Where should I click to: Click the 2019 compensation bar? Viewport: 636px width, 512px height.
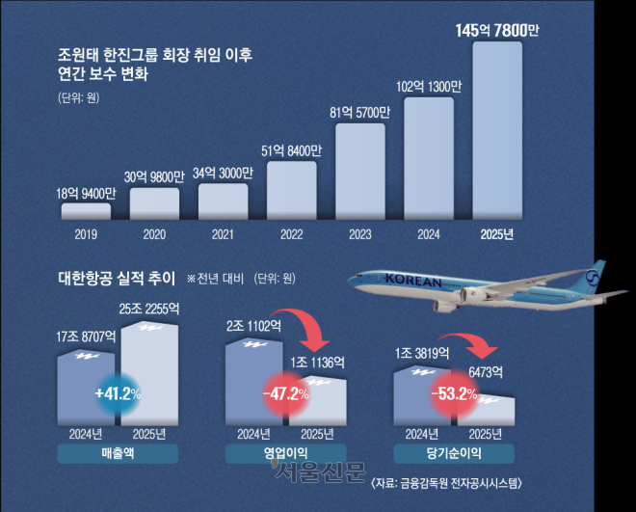[86, 212]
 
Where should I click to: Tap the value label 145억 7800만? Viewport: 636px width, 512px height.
[497, 31]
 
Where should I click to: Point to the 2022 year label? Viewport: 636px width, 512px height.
[291, 233]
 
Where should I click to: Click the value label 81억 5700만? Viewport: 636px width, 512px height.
[359, 111]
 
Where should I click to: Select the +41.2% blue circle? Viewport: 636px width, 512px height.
[118, 394]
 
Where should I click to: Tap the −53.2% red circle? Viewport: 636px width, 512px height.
[456, 394]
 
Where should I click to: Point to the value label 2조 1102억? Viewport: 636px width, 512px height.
[253, 328]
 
